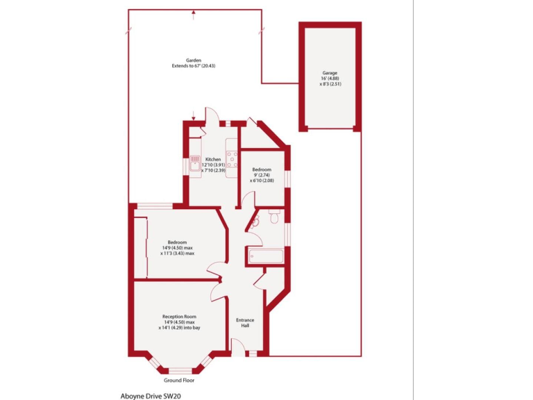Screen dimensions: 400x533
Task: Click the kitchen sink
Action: (194, 165)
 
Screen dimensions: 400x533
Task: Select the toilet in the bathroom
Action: (276, 218)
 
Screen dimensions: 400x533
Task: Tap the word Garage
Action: (330, 73)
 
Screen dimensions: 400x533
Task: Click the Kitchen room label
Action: (213, 158)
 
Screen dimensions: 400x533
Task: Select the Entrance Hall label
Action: (246, 323)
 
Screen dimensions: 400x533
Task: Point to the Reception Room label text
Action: (178, 317)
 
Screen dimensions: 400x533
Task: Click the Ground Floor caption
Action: (178, 381)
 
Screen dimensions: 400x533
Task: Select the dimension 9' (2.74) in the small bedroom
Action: (262, 176)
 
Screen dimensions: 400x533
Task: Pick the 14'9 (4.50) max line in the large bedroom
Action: (178, 248)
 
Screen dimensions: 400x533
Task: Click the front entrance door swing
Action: (237, 345)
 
